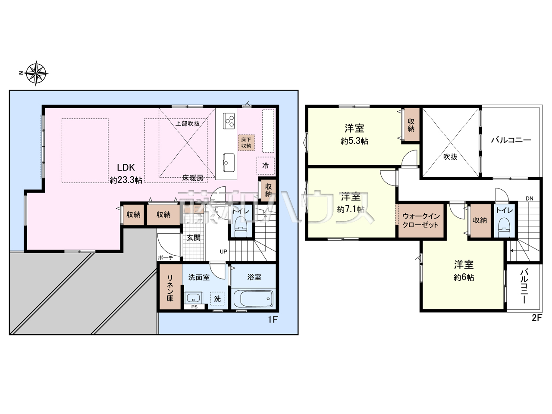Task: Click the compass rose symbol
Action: click(x=37, y=73)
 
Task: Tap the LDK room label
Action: click(x=126, y=167)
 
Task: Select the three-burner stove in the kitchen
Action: click(x=229, y=121)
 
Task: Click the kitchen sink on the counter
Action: click(x=229, y=163)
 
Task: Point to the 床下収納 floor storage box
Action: click(x=246, y=143)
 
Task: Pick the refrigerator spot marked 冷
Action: click(x=265, y=166)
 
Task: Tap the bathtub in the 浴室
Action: click(x=253, y=298)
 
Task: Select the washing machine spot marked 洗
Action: click(x=217, y=298)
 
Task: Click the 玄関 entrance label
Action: click(x=193, y=238)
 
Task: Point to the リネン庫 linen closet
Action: click(x=170, y=287)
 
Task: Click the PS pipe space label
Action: click(x=194, y=307)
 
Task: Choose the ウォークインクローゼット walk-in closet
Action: click(x=421, y=220)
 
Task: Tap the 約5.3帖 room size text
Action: click(x=354, y=141)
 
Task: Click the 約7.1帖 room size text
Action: click(x=351, y=209)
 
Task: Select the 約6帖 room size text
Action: click(x=464, y=277)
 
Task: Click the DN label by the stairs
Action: click(x=530, y=198)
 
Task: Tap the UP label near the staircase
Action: click(x=223, y=251)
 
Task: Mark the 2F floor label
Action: click(x=536, y=318)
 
